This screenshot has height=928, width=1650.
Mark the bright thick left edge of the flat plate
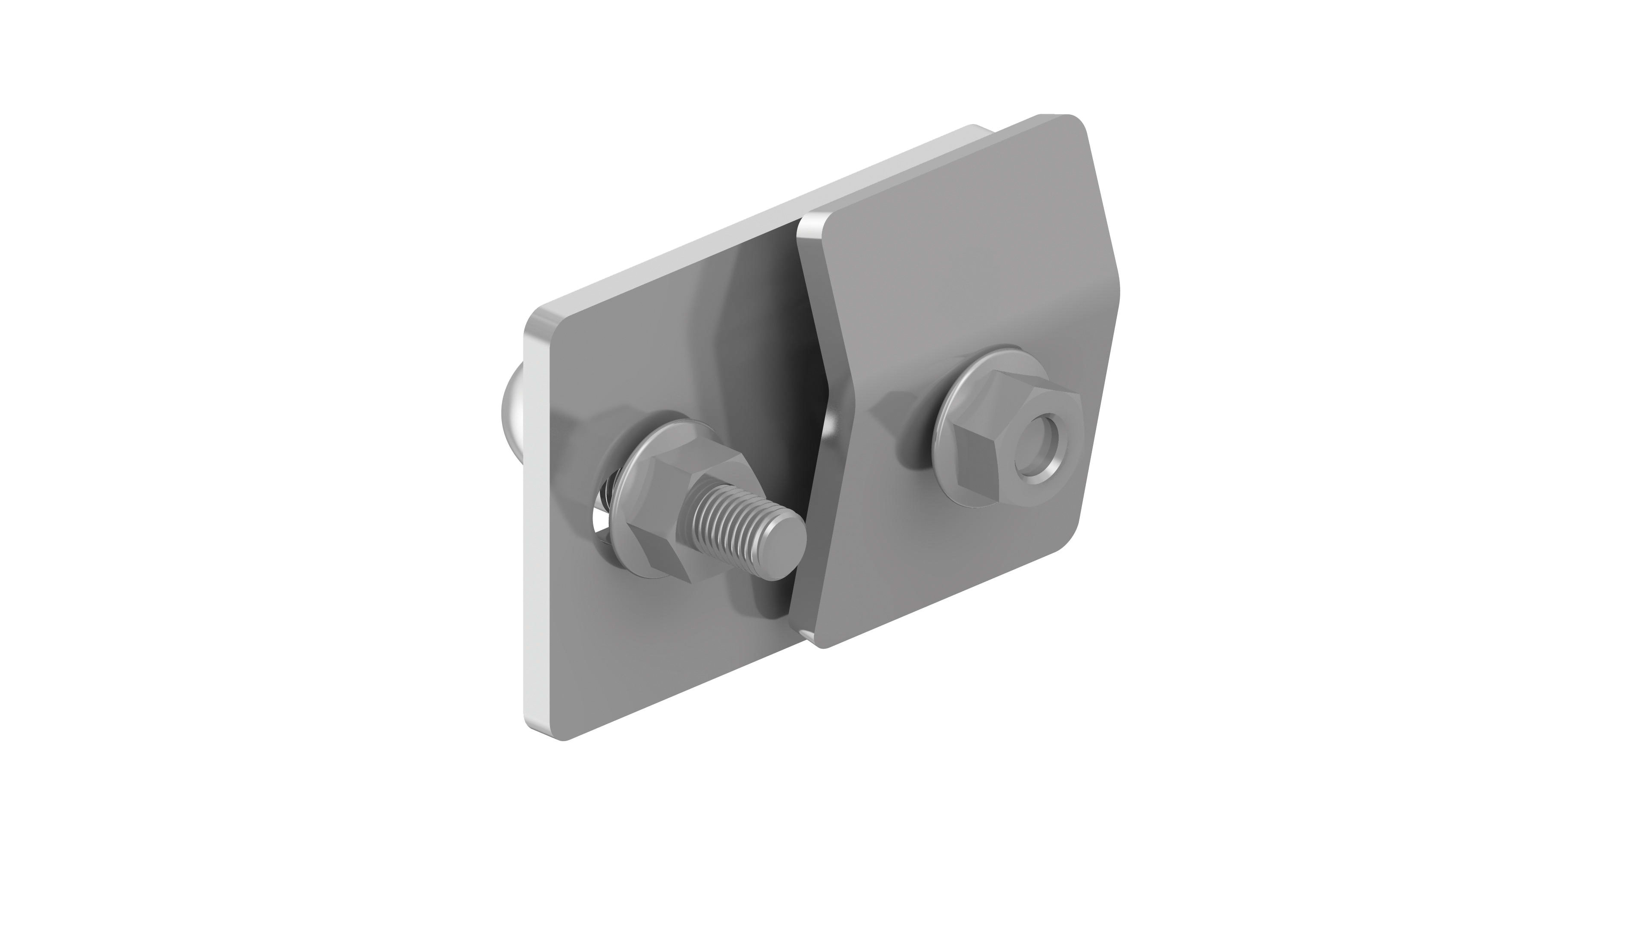(535, 544)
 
